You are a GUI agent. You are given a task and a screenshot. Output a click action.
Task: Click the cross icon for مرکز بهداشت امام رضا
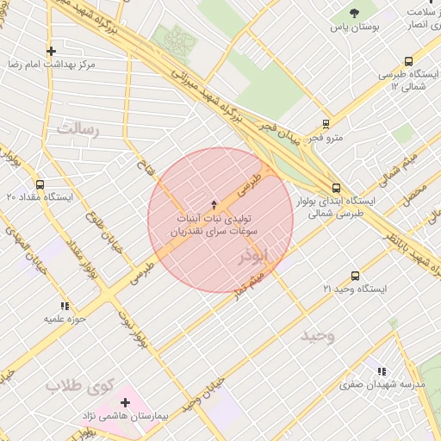pos(52,51)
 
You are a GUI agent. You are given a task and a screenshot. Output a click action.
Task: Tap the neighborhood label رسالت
pos(78,130)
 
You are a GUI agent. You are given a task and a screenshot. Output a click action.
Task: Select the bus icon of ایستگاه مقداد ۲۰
pos(40,183)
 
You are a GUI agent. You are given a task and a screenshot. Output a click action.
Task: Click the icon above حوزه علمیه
pos(65,305)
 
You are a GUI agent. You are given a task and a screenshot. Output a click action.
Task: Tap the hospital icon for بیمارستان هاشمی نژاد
pos(126,402)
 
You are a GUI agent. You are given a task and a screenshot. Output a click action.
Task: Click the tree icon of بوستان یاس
pos(356,13)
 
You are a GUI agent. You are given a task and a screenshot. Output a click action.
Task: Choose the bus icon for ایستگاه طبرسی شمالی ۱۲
pos(407,61)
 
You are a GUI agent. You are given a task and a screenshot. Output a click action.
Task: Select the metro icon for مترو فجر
pos(326,123)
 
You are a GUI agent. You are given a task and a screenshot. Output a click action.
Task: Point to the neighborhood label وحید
pos(317,335)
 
